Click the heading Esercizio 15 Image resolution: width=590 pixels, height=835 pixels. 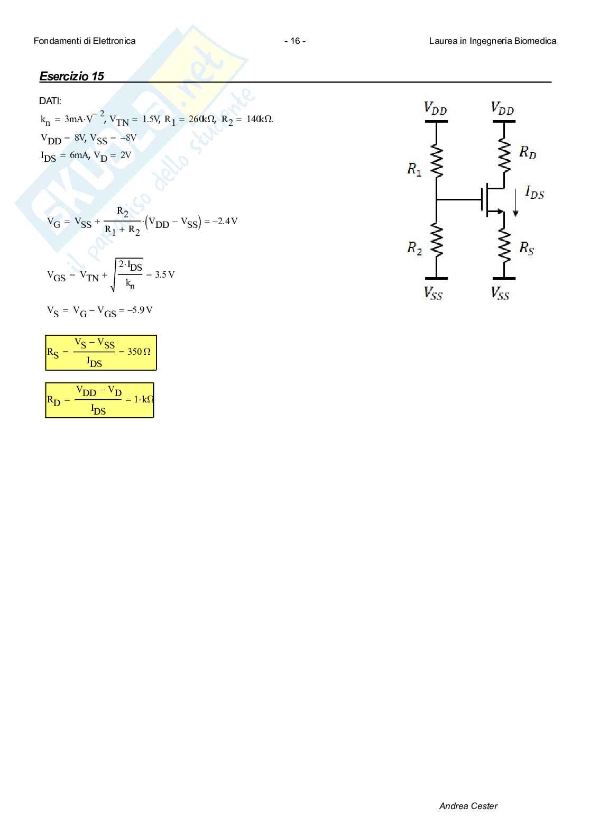[71, 76]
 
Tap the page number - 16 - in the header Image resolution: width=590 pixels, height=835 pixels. [294, 41]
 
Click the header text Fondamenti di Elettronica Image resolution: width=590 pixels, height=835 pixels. [85, 41]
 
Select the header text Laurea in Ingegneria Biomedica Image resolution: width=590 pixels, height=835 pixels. [492, 41]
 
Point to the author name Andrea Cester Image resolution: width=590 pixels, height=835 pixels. [468, 806]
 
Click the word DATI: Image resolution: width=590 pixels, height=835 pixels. [50, 100]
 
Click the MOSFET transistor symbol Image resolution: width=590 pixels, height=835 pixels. [492, 200]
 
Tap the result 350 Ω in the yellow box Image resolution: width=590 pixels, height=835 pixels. [139, 352]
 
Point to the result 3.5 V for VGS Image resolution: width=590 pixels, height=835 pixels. [164, 274]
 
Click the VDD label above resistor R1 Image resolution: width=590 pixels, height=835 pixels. [436, 109]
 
